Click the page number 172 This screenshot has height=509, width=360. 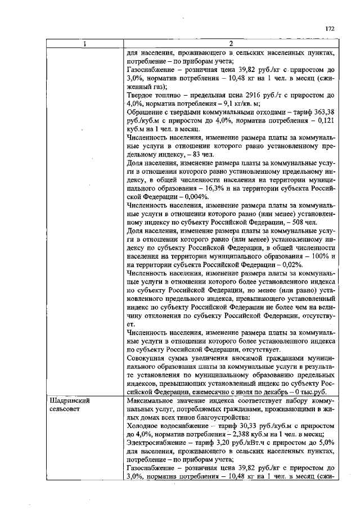tap(330, 28)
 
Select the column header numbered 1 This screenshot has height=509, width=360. tap(85, 44)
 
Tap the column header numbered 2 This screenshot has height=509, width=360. tap(232, 44)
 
